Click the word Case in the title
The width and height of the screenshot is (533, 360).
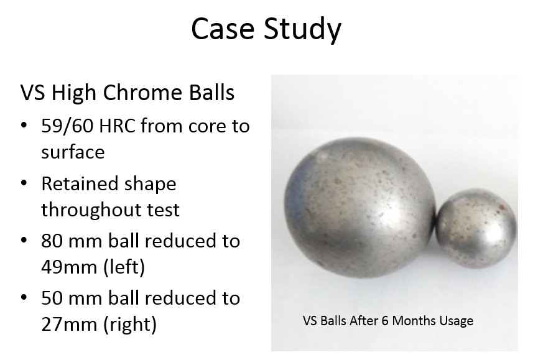pyautogui.click(x=223, y=28)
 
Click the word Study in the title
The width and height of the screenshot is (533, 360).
pyautogui.click(x=302, y=30)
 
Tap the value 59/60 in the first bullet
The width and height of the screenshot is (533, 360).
pyautogui.click(x=67, y=126)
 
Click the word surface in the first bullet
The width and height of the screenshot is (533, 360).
pyautogui.click(x=73, y=152)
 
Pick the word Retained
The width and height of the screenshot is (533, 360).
pyautogui.click(x=80, y=184)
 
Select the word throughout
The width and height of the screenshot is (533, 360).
pyautogui.click(x=91, y=210)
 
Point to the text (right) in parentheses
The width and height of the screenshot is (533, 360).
pyautogui.click(x=129, y=325)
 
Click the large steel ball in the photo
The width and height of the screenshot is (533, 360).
pyautogui.click(x=359, y=208)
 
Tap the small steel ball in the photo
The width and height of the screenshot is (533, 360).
pyautogui.click(x=476, y=228)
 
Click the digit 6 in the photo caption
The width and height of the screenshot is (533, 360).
pyautogui.click(x=385, y=321)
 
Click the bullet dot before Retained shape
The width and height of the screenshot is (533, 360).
pyautogui.click(x=24, y=183)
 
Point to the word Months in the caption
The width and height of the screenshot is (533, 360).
pyautogui.click(x=414, y=321)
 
